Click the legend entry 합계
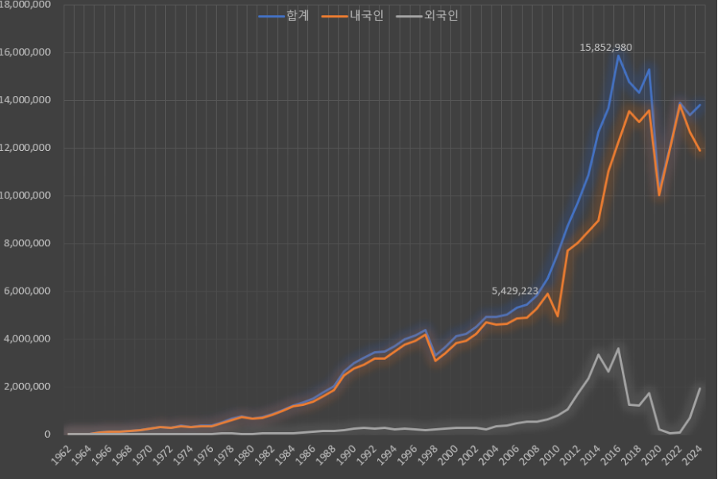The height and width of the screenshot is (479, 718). tap(288, 16)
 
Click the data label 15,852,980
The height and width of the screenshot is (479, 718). tap(606, 48)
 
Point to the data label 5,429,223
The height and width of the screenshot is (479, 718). tap(520, 292)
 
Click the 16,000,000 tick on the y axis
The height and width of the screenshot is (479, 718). tap(25, 52)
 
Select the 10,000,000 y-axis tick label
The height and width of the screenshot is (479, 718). tap(25, 195)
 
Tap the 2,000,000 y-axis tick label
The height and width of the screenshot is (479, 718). tap(28, 387)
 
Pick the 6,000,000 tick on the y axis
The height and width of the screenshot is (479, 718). tap(28, 292)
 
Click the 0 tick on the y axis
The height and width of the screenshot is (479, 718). tap(48, 435)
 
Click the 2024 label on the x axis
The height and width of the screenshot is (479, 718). tap(696, 456)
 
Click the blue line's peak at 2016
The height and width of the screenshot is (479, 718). tap(618, 56)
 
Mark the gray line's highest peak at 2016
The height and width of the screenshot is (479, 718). tap(618, 348)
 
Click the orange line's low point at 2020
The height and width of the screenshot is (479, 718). tap(659, 195)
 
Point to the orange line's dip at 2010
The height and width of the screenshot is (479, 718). tap(558, 316)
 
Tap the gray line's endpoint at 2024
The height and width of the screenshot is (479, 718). tap(700, 388)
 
